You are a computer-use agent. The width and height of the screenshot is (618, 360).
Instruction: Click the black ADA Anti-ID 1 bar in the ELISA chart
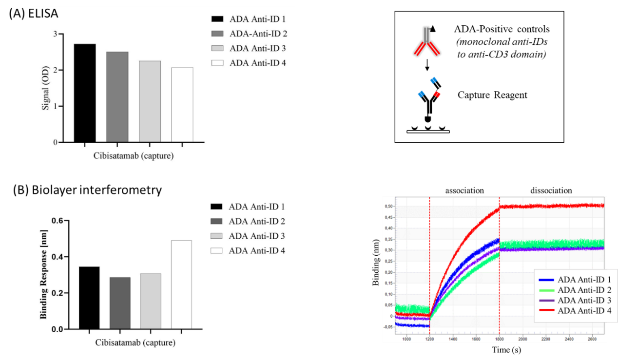[x=85, y=93]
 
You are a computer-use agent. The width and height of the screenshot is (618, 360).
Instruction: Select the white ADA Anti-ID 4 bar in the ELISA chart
[x=182, y=105]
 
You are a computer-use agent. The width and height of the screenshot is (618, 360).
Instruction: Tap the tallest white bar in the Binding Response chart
[x=181, y=284]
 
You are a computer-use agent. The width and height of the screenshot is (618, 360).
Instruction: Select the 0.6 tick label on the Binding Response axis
[x=57, y=221]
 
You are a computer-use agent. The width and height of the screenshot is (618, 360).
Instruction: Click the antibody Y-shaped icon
[x=427, y=42]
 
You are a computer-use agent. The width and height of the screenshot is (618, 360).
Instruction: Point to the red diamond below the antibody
[x=437, y=95]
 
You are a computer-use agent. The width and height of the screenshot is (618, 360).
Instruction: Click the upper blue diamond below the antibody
[x=433, y=80]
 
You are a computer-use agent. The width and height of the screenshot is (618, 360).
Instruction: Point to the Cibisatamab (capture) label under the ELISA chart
[x=134, y=156]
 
